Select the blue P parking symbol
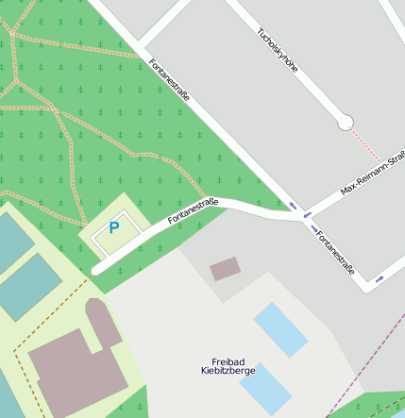pos(114,227)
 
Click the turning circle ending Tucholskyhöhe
pos(345,122)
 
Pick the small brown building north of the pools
pos(225,269)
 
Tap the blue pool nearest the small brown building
pos(280,329)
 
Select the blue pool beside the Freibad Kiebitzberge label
pos(264,388)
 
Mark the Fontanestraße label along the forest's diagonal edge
pos(170,81)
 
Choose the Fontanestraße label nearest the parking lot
pos(193,210)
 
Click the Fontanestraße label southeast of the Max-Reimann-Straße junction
pos(335,252)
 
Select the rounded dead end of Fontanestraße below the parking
pos(96,271)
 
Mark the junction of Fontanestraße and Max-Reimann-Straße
pos(304,216)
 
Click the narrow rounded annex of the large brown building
pos(103,321)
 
